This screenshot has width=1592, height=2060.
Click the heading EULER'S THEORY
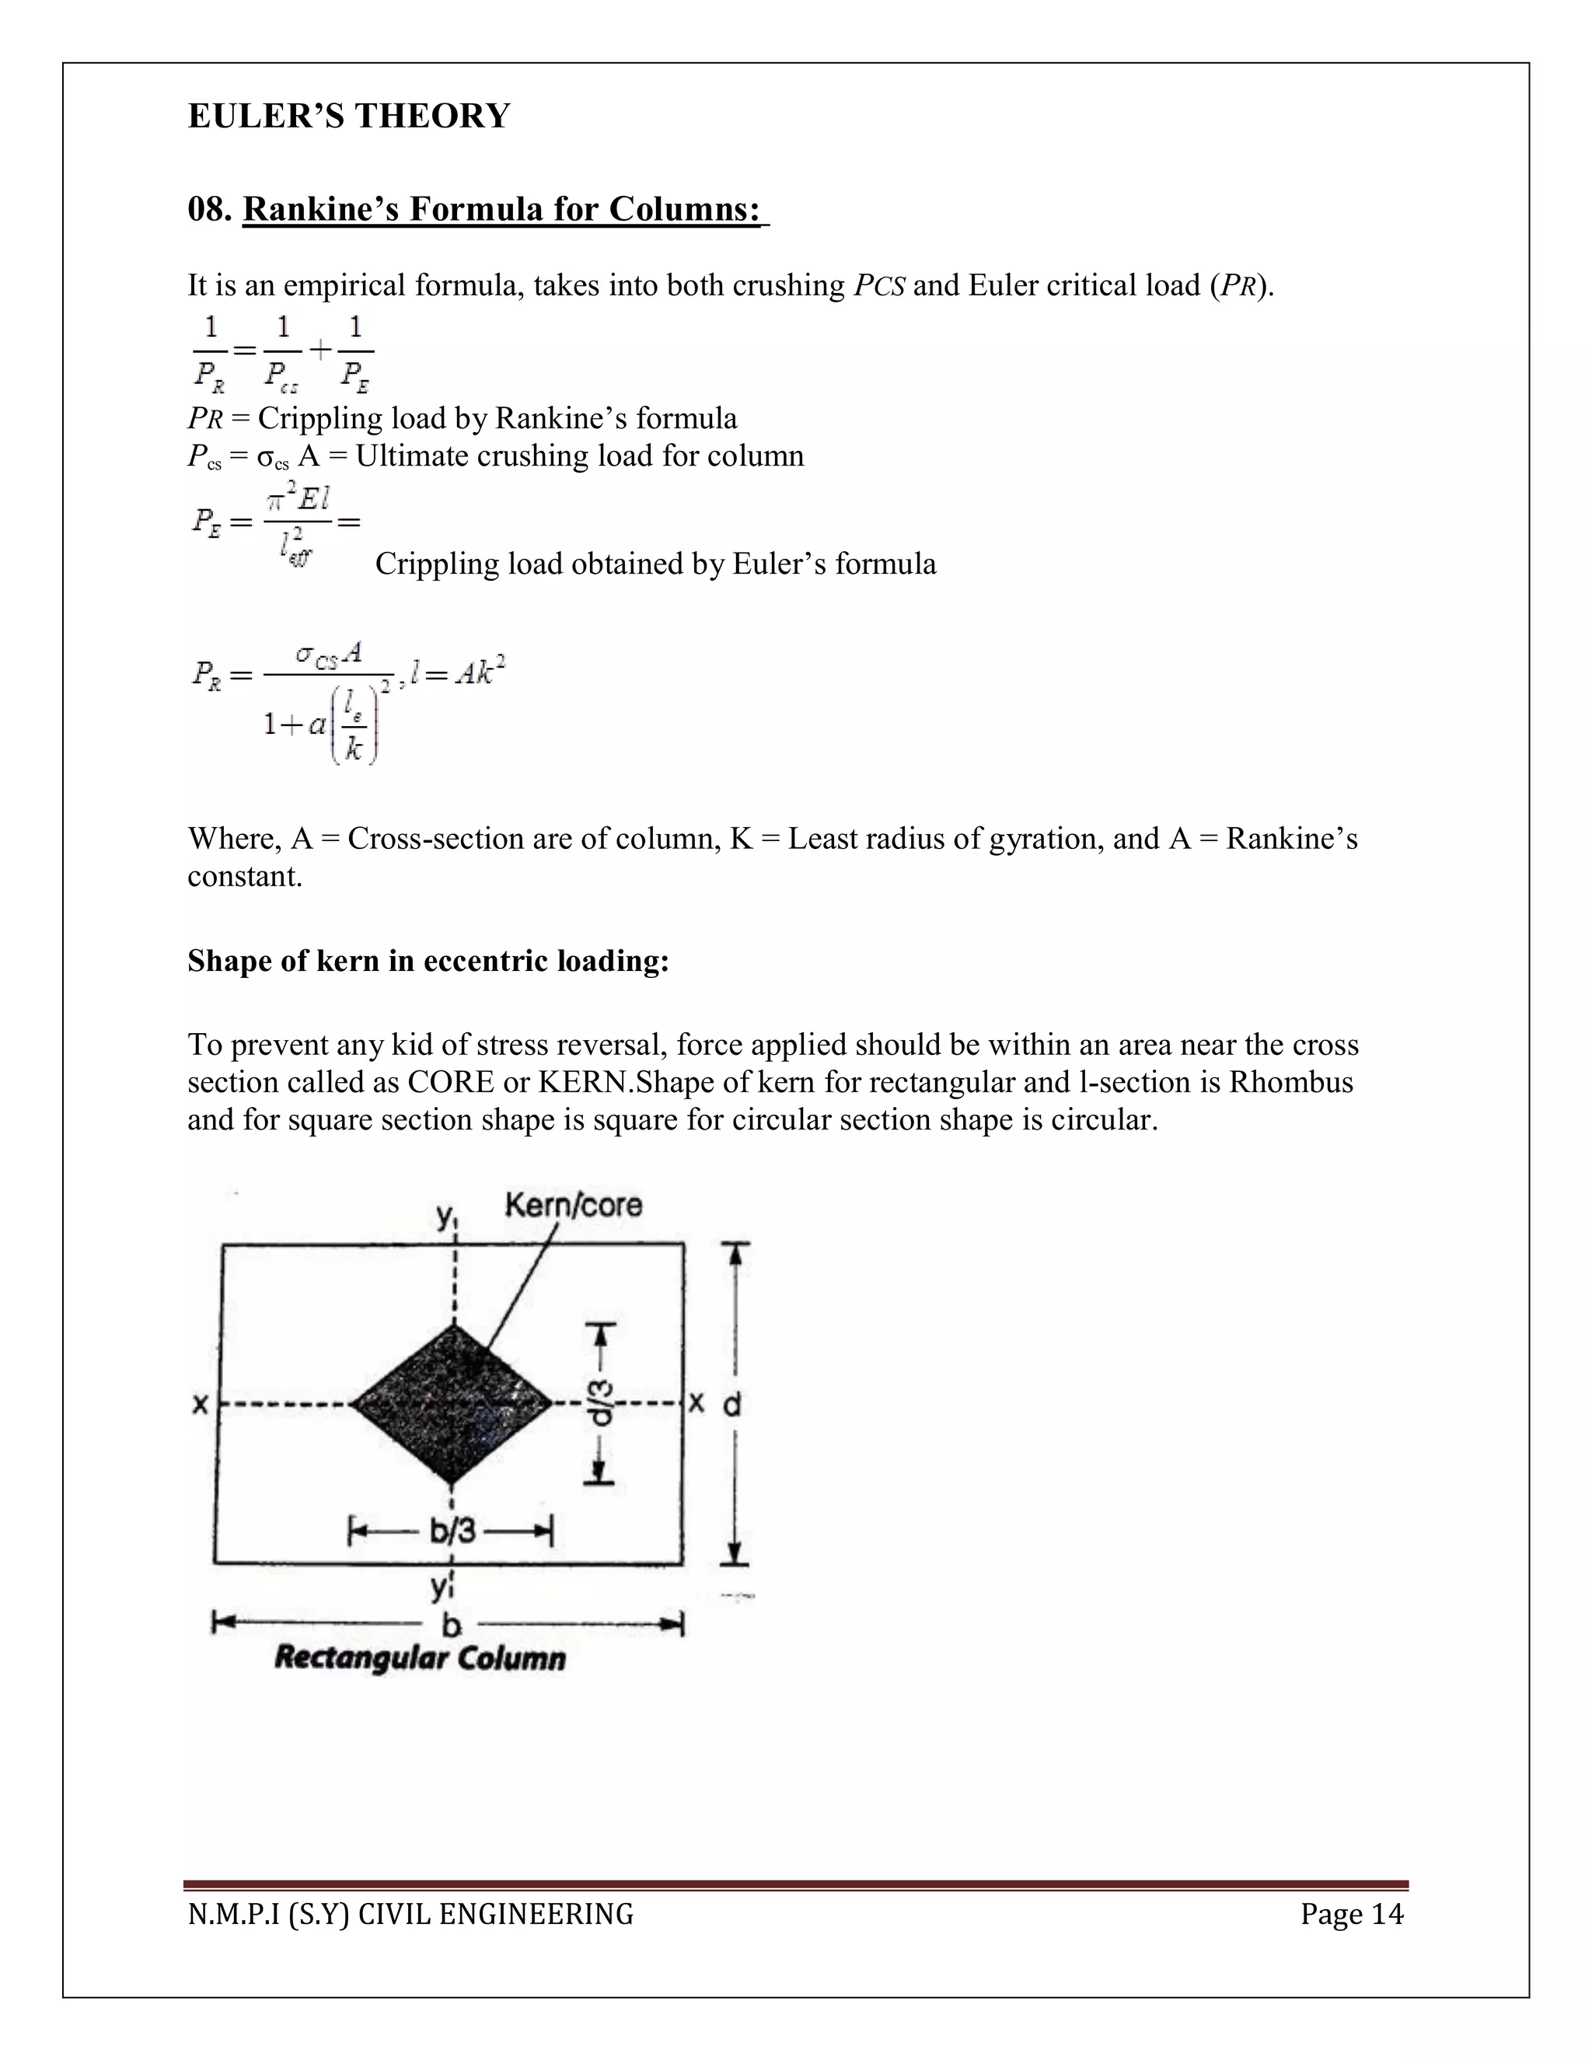[348, 116]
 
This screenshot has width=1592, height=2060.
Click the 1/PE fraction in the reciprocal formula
[355, 353]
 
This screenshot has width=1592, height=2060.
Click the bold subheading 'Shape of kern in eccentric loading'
[428, 960]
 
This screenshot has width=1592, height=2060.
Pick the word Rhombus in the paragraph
[1290, 1082]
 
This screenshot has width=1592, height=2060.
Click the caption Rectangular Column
[420, 1657]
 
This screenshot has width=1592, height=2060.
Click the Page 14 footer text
[1352, 1914]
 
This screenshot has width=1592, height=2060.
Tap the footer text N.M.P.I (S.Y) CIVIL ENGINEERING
[410, 1914]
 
